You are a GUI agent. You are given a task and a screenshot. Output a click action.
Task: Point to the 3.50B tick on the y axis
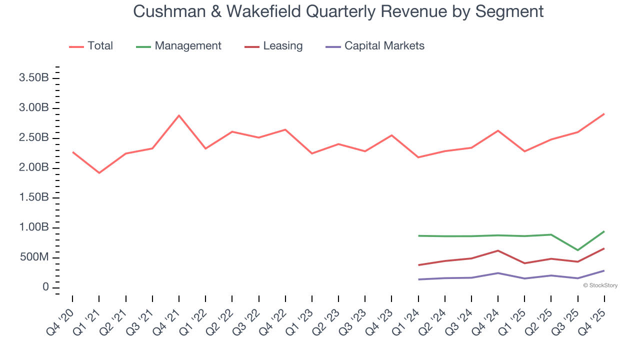pos(34,78)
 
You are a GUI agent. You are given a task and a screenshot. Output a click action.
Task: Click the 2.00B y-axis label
pos(34,167)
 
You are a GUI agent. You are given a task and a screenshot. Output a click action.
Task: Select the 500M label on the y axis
pos(34,257)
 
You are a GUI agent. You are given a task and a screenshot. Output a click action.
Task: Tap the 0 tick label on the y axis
pos(45,287)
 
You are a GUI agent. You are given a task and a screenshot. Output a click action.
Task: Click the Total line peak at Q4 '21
pos(179,115)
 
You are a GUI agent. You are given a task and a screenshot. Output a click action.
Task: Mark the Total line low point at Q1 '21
pos(99,173)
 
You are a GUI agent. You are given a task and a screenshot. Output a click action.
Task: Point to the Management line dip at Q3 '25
pos(577,250)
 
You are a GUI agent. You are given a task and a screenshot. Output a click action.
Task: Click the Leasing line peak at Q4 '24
pos(498,250)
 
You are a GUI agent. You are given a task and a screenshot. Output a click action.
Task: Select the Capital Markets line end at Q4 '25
pos(604,270)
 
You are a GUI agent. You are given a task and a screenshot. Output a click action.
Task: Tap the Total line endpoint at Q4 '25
pos(604,114)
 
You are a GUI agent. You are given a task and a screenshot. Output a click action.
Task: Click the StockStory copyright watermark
pos(600,285)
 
